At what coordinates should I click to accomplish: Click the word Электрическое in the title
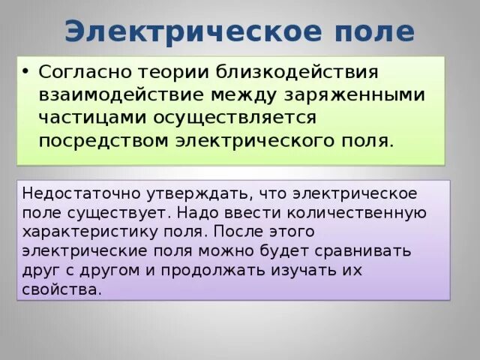click(x=179, y=31)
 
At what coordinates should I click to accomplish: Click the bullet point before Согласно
click(x=25, y=73)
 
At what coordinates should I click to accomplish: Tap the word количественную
click(x=359, y=211)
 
